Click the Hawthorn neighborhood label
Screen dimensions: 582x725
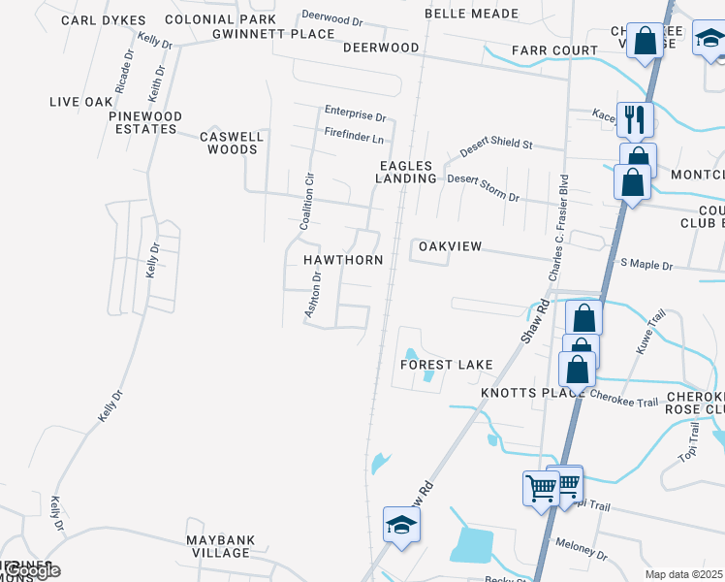343,260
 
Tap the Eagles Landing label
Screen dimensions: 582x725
406,172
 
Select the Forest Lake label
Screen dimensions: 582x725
448,365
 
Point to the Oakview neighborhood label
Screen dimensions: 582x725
450,246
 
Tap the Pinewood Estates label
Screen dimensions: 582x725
145,123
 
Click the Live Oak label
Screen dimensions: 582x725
81,102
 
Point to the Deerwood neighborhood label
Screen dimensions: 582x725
381,48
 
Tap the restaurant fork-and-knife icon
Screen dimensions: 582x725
635,118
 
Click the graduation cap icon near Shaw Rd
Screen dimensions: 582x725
401,525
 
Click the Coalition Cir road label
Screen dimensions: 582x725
307,201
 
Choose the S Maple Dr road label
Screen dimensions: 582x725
646,263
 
